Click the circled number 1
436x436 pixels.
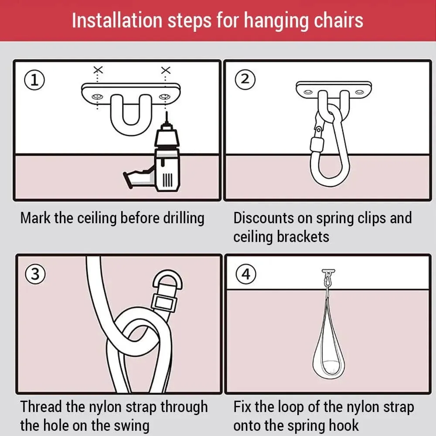click(34, 80)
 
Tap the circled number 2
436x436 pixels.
click(245, 79)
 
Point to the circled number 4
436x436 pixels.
click(246, 274)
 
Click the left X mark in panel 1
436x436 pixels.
click(99, 70)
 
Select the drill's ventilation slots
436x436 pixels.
click(167, 179)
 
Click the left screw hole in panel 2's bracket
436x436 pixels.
click(308, 92)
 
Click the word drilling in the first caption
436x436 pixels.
click(179, 218)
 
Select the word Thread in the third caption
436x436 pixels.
click(42, 407)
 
